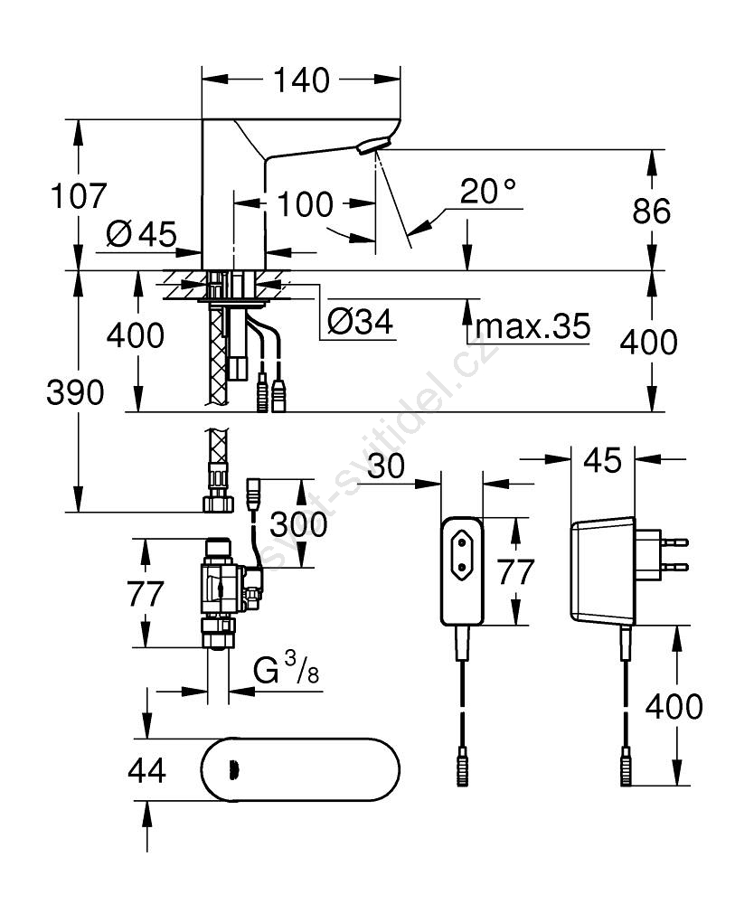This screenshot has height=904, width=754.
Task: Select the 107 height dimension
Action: [x=80, y=195]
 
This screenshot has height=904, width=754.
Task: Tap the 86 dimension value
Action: [x=651, y=211]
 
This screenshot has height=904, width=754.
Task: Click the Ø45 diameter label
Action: [x=139, y=235]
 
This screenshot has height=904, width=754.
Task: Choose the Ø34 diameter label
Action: [x=359, y=323]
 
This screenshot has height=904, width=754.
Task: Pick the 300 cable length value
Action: [x=298, y=523]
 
